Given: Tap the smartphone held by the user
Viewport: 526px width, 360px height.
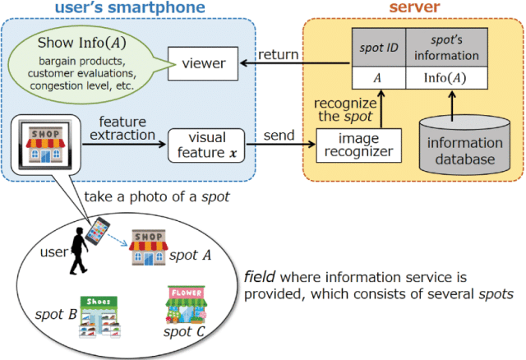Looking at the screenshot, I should (x=97, y=229).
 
